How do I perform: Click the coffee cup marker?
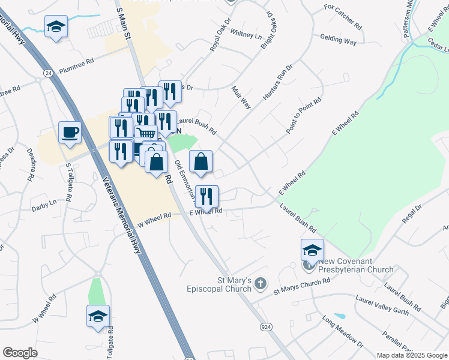point(70,132)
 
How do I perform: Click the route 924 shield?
point(266,326)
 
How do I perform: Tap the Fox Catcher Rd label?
point(343,26)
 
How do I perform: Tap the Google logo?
point(20,353)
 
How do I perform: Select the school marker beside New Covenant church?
point(312,250)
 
